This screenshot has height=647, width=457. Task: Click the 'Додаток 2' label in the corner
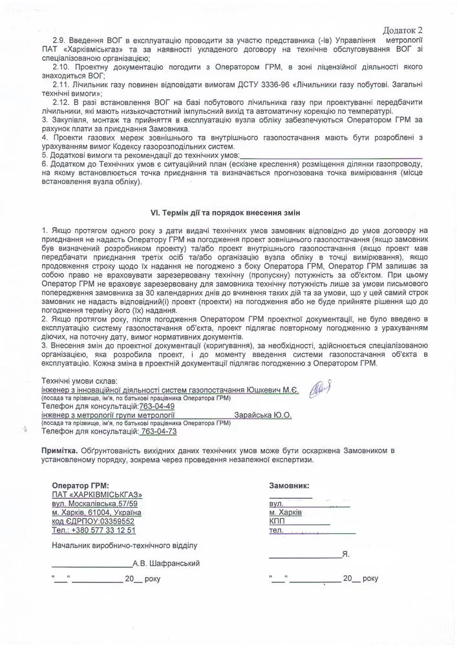(x=406, y=30)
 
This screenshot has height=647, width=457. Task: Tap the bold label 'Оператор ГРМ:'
(x=80, y=485)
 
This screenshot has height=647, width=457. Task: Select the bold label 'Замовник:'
(x=289, y=485)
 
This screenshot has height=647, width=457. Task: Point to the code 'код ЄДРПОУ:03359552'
(x=93, y=521)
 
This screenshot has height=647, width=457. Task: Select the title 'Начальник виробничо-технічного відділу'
(x=124, y=545)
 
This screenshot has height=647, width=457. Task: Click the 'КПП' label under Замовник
(x=277, y=521)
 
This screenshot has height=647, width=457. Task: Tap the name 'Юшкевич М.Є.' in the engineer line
(x=273, y=391)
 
